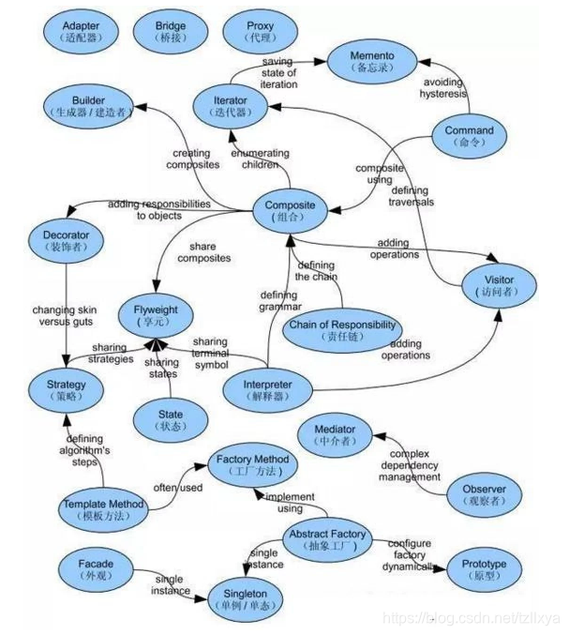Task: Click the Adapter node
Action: (79, 32)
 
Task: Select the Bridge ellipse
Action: (171, 32)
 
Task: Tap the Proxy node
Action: (262, 32)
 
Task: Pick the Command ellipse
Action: (469, 137)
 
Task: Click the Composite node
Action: (290, 212)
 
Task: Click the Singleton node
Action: (245, 599)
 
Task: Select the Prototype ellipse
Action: (484, 569)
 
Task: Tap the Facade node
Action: (97, 569)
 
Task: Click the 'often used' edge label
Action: (178, 488)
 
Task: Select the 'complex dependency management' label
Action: (410, 465)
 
